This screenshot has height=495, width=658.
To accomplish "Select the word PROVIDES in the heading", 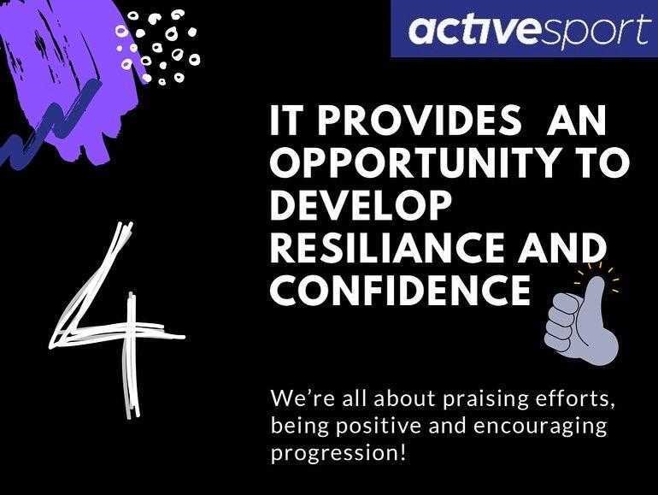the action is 419,120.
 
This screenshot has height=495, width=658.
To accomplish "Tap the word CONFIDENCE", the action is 401,290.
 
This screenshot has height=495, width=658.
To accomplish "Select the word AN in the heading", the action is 576,120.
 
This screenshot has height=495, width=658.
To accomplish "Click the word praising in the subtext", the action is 481,400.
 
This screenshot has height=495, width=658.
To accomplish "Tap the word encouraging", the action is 540,427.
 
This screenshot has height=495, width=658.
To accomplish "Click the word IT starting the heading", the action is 286,120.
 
